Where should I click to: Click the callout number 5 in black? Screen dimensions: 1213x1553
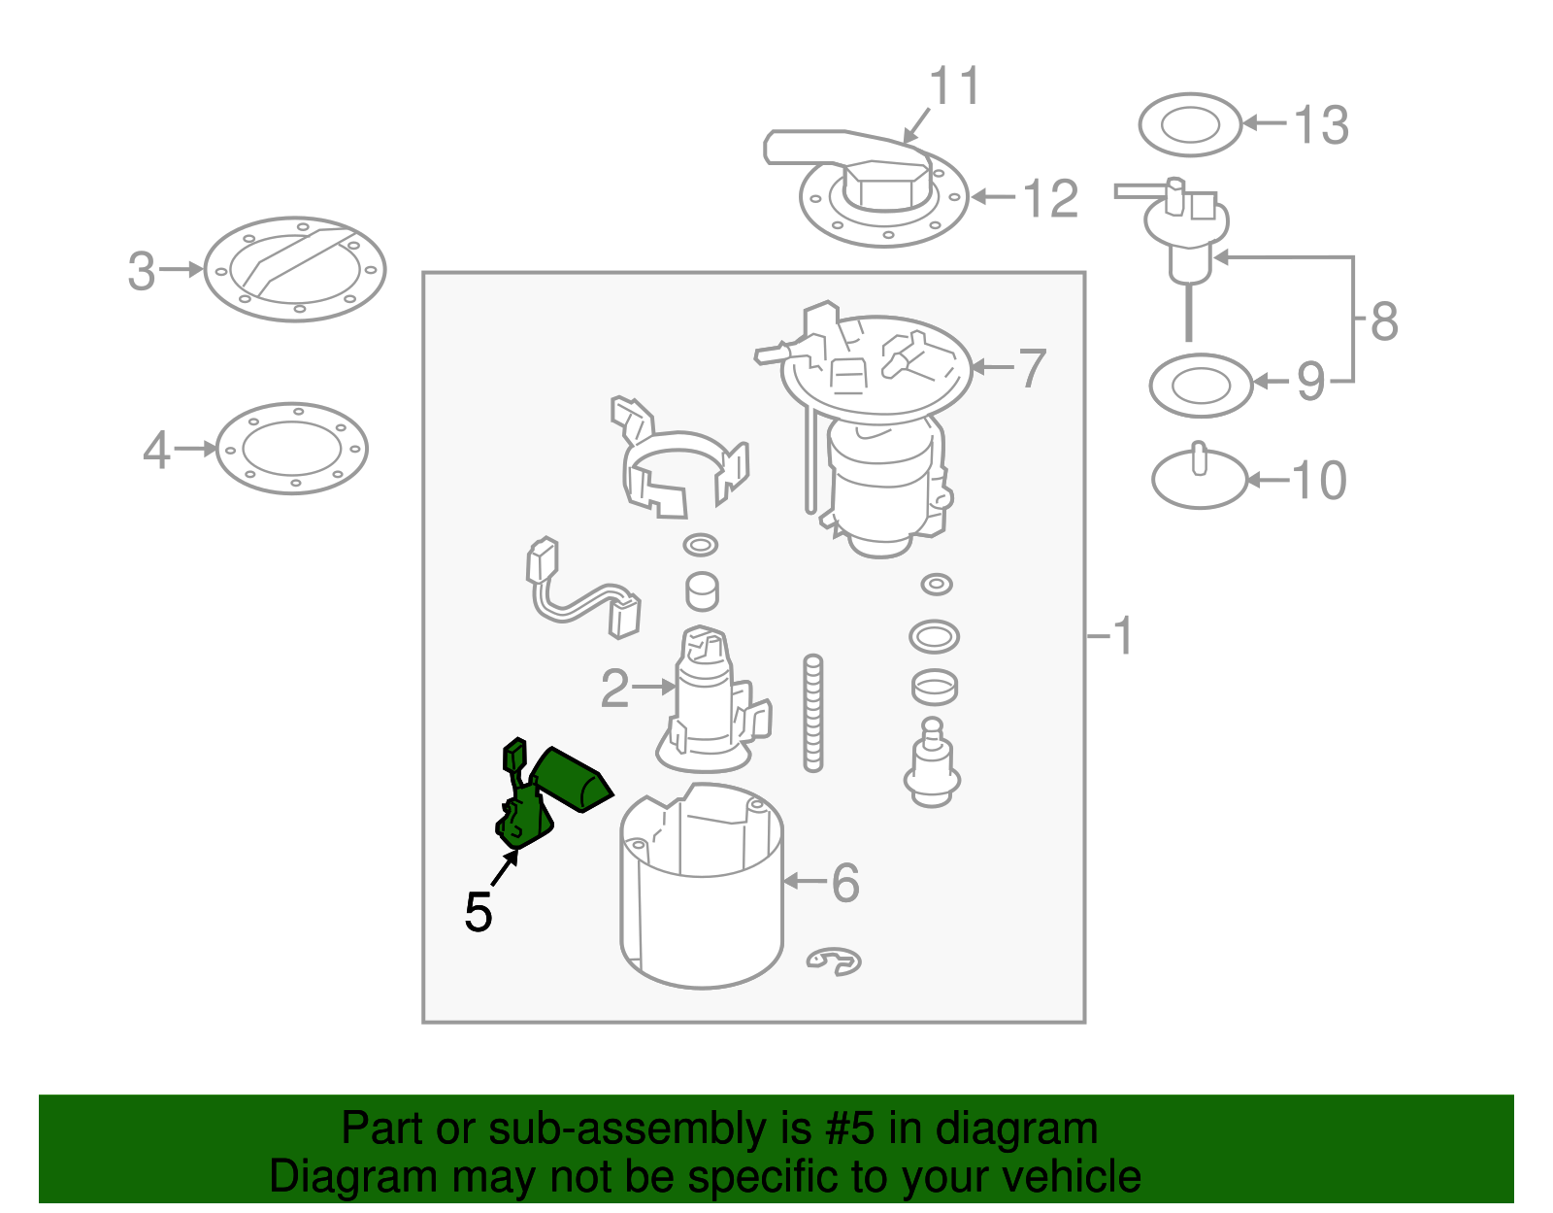coord(478,912)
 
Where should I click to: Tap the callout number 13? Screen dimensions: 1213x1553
coord(1321,126)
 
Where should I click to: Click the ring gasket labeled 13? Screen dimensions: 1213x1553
coord(1189,125)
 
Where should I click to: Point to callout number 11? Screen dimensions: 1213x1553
coord(955,86)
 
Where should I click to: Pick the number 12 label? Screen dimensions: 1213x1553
coord(1050,199)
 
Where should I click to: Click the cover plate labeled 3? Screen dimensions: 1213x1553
coord(295,269)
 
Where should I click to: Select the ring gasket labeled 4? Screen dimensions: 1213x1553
coord(291,449)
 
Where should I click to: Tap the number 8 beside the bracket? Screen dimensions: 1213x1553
coord(1383,320)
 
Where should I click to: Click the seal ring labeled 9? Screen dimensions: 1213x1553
coord(1201,386)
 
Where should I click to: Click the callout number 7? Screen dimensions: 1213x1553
coord(1031,369)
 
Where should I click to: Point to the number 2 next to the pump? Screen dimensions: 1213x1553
coord(614,688)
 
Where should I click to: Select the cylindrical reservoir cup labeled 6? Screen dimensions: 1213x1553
coord(702,893)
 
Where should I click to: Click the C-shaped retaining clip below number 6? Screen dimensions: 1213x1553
coord(834,960)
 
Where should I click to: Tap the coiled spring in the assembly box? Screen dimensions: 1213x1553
coord(812,714)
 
